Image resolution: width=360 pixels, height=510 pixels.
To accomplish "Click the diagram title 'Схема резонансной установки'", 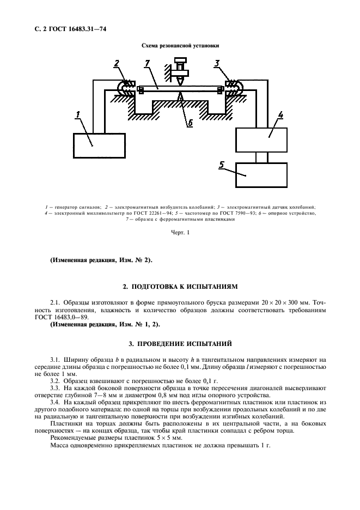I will point(180,47).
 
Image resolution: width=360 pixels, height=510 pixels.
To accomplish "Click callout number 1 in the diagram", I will point(78,114).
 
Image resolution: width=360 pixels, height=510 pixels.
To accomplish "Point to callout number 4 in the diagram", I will point(280,114).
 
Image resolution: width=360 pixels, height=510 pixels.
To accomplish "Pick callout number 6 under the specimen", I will point(190,123).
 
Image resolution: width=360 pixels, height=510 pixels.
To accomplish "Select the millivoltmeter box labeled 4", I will point(261,139).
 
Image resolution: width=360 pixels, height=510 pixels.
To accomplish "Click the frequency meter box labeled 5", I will point(261,175).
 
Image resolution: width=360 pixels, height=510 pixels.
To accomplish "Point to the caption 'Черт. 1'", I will point(180,233).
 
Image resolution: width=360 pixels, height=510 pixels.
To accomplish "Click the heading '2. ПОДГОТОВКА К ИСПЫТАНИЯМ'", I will point(180,286).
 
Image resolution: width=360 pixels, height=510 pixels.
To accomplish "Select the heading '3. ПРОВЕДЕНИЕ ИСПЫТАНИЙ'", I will point(180,344).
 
